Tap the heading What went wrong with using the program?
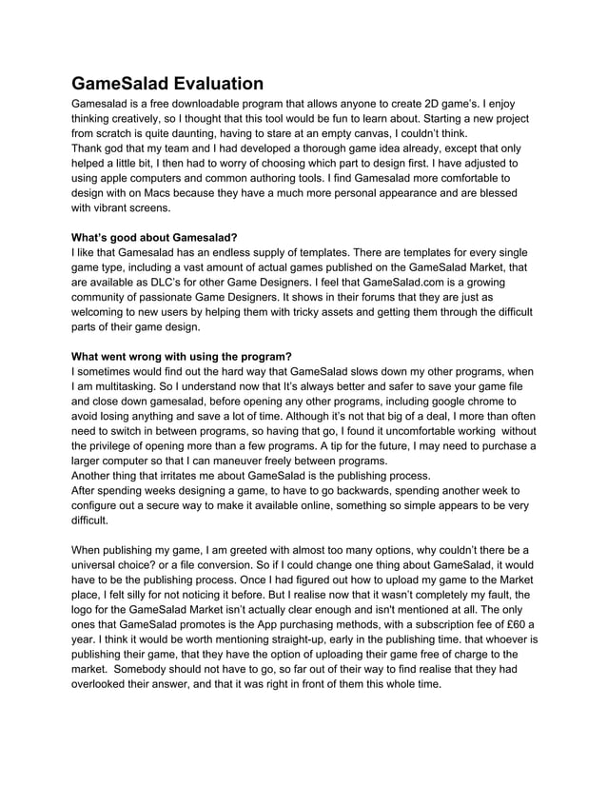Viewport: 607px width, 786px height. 182,357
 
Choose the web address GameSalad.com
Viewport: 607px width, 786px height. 420,282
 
